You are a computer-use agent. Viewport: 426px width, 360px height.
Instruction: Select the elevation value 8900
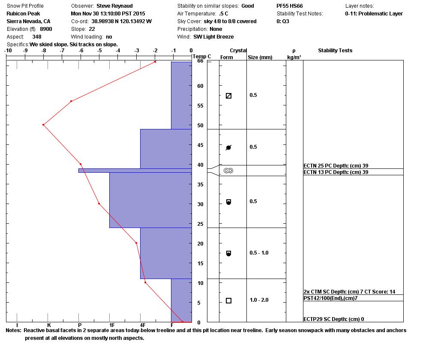click(x=46, y=29)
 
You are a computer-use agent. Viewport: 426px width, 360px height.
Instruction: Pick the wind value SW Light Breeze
click(x=213, y=37)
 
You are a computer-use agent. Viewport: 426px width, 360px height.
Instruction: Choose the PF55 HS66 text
click(x=291, y=6)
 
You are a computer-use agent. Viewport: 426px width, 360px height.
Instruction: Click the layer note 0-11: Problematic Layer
click(x=374, y=14)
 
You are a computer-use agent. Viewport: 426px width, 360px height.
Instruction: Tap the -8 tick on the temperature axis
click(x=44, y=51)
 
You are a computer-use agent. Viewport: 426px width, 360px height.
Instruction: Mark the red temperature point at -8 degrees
click(x=43, y=125)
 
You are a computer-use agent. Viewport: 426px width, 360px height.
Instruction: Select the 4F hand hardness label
click(x=143, y=326)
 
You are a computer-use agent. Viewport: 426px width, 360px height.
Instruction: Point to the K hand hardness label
click(x=49, y=326)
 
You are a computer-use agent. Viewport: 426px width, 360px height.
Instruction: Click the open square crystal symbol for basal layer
click(x=228, y=300)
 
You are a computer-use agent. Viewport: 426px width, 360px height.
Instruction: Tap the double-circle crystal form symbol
click(x=228, y=171)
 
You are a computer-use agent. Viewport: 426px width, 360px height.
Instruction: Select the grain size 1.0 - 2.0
click(x=259, y=300)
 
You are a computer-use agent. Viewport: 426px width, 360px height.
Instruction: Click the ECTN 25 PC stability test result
click(x=336, y=166)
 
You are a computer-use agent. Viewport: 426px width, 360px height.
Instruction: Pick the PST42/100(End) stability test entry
click(x=330, y=298)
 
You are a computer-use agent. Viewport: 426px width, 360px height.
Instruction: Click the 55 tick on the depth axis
click(x=200, y=106)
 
